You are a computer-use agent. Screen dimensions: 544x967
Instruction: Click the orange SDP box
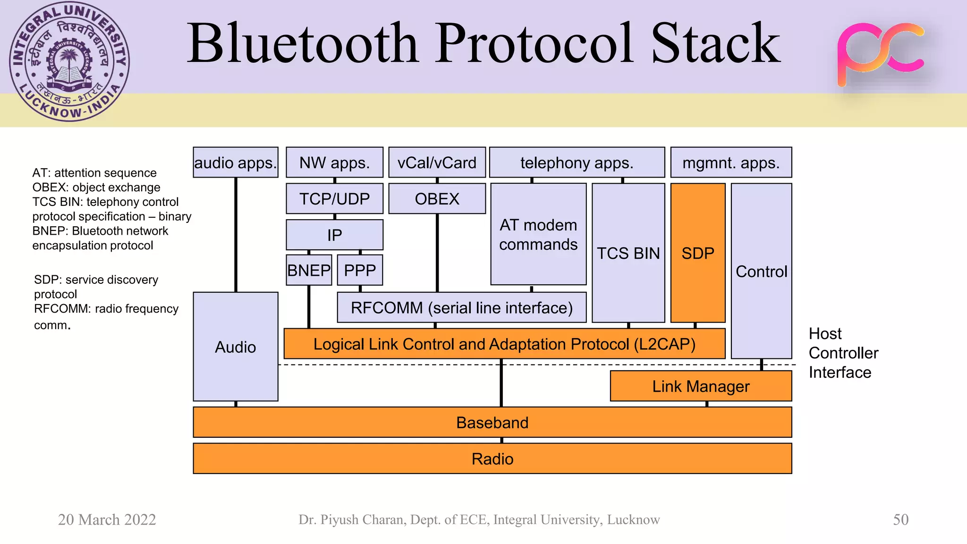[x=697, y=253]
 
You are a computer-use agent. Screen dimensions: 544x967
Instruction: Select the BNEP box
[x=309, y=270]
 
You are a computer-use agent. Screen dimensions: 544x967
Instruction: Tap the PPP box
[x=360, y=270]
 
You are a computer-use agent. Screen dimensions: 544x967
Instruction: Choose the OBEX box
[x=437, y=199]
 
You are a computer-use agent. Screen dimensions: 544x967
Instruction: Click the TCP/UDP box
[x=334, y=199]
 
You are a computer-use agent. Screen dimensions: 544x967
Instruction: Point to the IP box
[x=334, y=235]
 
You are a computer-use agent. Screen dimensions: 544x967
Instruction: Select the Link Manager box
[x=701, y=386]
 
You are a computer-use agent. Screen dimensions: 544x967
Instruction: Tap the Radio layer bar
[x=492, y=459]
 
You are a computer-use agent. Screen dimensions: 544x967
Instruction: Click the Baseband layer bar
[x=492, y=422]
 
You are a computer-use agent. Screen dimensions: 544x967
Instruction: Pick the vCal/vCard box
[x=437, y=162]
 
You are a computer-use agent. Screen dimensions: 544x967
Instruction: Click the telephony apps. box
[x=577, y=162]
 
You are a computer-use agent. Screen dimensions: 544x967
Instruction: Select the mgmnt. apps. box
[x=731, y=162]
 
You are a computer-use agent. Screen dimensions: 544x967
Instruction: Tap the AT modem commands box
[x=538, y=235]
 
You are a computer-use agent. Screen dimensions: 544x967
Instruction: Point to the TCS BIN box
[x=628, y=253]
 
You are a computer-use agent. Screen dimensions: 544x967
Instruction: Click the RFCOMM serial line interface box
[x=461, y=308]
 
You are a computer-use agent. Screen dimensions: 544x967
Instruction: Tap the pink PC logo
[x=880, y=53]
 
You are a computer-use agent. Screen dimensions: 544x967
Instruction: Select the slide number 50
[x=900, y=519]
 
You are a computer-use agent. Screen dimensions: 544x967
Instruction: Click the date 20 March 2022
[x=107, y=519]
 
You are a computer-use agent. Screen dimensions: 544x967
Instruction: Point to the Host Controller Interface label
[x=843, y=353]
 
